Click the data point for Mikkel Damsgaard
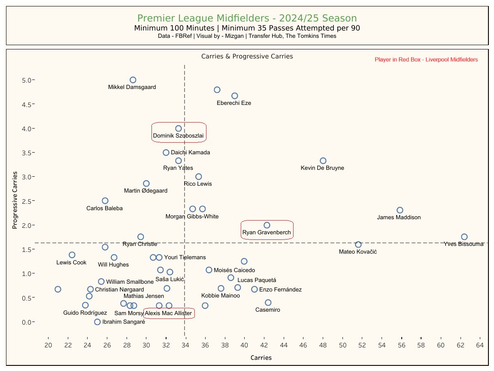pyautogui.click(x=133, y=80)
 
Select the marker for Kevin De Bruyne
pyautogui.click(x=323, y=161)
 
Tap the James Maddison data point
pyautogui.click(x=400, y=210)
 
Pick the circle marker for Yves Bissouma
pyautogui.click(x=464, y=237)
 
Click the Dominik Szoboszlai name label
pyautogui.click(x=178, y=136)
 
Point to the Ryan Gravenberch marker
pyautogui.click(x=267, y=225)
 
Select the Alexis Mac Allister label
pyautogui.click(x=168, y=313)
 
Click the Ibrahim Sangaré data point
pyautogui.click(x=97, y=322)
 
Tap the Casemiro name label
pyautogui.click(x=267, y=310)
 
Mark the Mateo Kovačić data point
pyautogui.click(x=358, y=245)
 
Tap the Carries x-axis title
pyautogui.click(x=261, y=358)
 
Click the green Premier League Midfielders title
pyautogui.click(x=247, y=18)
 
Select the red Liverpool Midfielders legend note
pyautogui.click(x=426, y=60)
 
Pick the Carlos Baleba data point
pyautogui.click(x=105, y=201)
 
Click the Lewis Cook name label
pyautogui.click(x=71, y=263)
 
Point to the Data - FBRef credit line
pyautogui.click(x=247, y=37)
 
